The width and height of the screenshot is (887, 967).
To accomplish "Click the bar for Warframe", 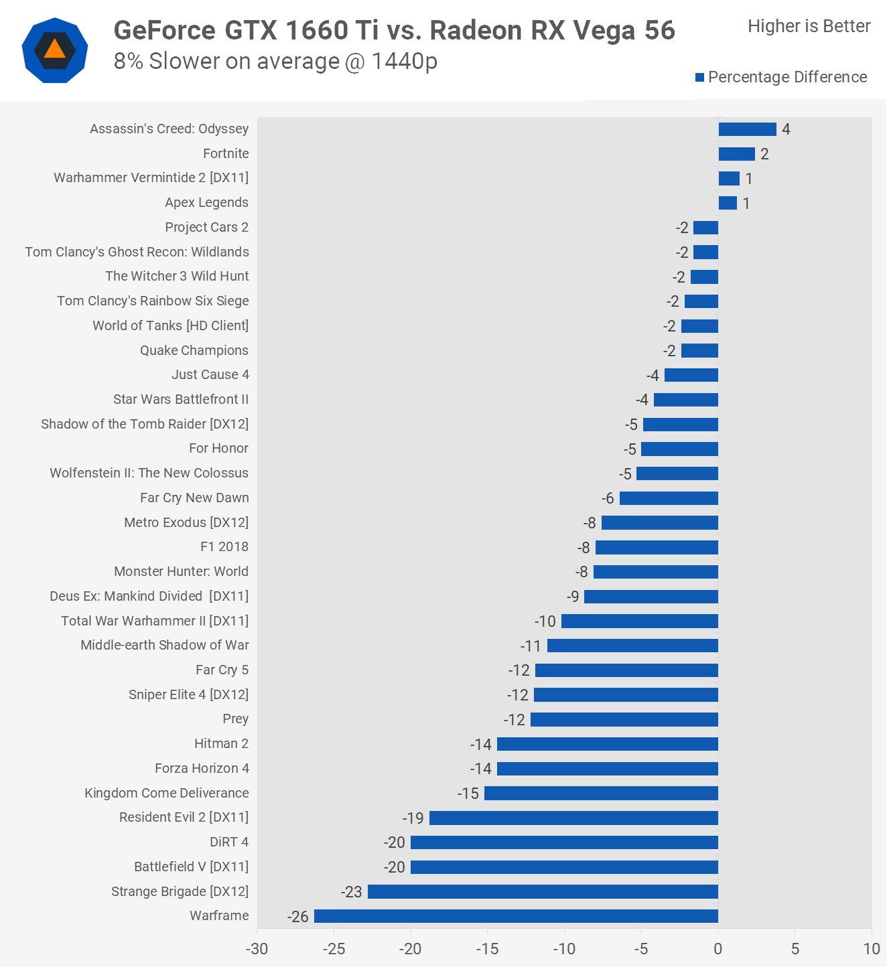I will click(x=516, y=916).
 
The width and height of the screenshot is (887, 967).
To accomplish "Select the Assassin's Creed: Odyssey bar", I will click(x=747, y=129).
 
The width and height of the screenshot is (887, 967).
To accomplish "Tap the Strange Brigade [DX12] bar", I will click(x=543, y=891).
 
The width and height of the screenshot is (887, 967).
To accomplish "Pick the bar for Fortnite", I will click(x=736, y=154).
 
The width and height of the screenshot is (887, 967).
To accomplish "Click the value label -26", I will click(x=298, y=917).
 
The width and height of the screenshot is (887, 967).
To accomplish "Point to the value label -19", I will click(x=413, y=818).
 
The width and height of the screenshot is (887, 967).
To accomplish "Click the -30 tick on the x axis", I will click(x=257, y=949).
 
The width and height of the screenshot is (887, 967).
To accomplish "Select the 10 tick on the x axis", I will click(x=872, y=949).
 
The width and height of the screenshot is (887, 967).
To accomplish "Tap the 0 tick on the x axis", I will click(x=718, y=949).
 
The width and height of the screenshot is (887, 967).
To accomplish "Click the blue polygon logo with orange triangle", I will click(x=55, y=50).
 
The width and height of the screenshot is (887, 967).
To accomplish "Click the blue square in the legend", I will click(x=700, y=78).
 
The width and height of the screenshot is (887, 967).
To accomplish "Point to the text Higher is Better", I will click(x=809, y=26).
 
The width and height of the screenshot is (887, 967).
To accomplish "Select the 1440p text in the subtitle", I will click(x=404, y=61).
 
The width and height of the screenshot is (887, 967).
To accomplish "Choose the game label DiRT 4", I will click(x=229, y=842).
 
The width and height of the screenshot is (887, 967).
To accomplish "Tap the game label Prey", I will click(x=236, y=719).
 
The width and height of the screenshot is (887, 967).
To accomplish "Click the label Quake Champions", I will click(x=194, y=350).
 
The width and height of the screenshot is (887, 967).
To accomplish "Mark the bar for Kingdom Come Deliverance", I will click(x=601, y=794).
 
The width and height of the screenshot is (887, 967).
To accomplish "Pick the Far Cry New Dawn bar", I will click(x=669, y=498).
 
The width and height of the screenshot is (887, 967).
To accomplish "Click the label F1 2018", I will click(x=224, y=546).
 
